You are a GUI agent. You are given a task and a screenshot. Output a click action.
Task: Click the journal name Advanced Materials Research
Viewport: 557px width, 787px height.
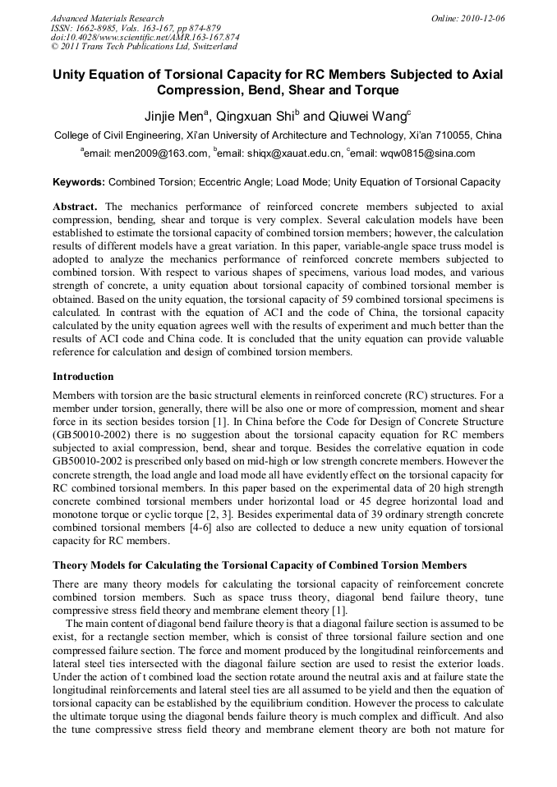click(x=107, y=18)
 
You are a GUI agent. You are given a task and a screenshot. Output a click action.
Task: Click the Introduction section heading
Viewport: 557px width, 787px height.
click(x=83, y=377)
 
